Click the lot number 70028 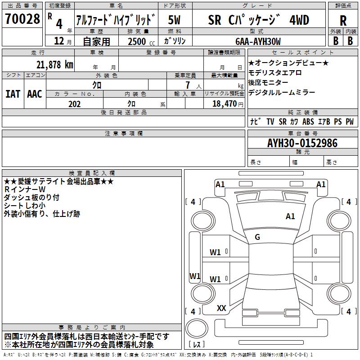[22, 19]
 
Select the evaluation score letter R [343, 20]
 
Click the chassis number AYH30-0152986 [302, 143]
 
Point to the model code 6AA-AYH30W [258, 41]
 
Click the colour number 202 [75, 103]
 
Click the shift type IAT [13, 94]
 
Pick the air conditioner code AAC [34, 94]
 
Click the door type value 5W [175, 20]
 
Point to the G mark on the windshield [257, 237]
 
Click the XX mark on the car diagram [221, 308]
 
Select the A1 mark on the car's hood [291, 216]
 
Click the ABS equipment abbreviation [308, 121]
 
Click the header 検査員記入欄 [92, 173]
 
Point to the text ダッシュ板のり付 [31, 198]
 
